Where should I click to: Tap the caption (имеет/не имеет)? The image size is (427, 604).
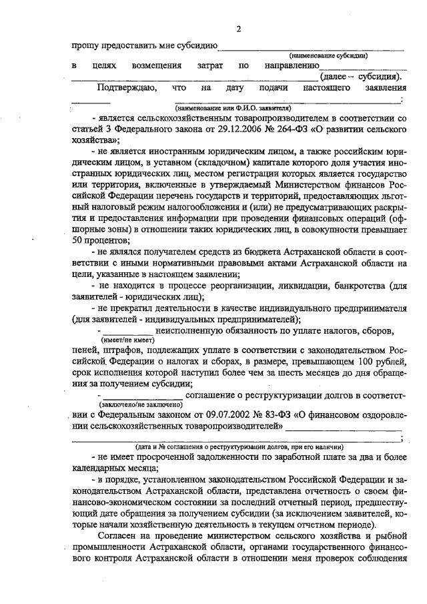pyautogui.click(x=124, y=339)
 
